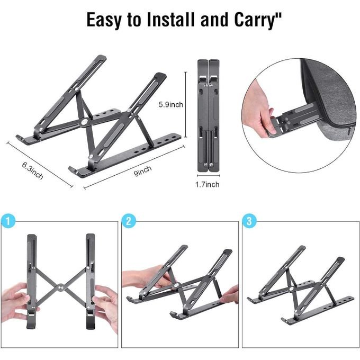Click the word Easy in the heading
coord(104,20)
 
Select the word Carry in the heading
coord(255,20)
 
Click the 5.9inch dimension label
coord(171,105)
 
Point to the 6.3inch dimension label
coord(33,170)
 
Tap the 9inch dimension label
coord(142,171)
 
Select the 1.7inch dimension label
coord(208,184)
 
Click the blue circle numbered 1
coord(8,221)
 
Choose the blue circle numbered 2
coord(129,221)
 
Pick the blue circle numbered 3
coord(249,221)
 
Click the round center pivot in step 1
coord(61,287)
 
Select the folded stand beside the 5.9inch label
coord(209,115)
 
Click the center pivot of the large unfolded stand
coord(85,121)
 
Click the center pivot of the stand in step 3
coord(291,289)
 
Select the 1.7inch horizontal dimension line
coord(209,176)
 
